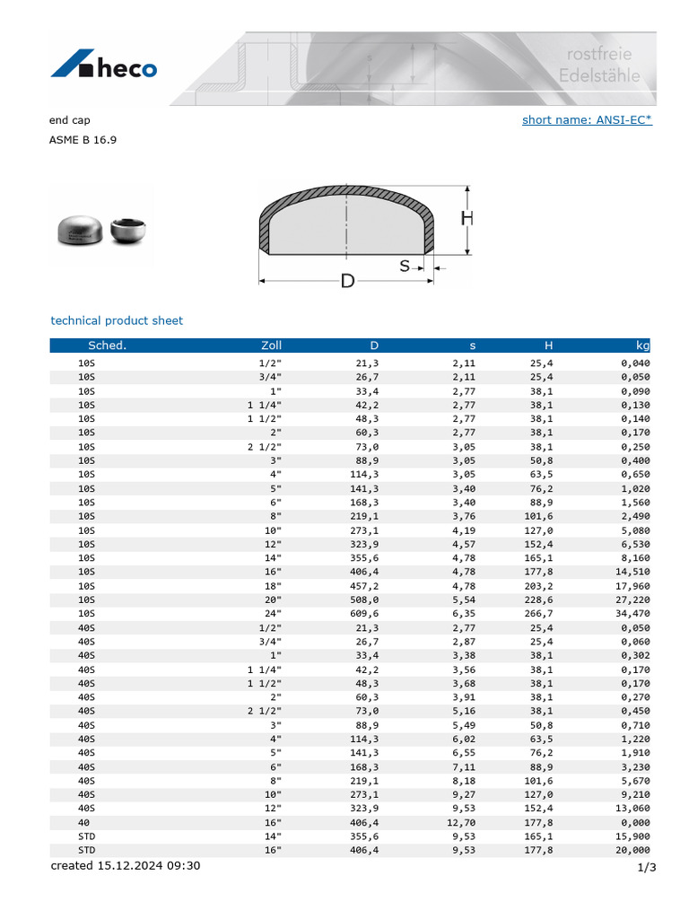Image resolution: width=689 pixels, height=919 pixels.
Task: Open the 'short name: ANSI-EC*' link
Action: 587,120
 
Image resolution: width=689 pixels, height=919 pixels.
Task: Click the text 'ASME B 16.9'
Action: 83,140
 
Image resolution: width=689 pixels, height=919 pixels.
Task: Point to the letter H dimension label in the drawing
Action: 467,219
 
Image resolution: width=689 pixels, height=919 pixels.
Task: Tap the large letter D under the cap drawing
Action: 347,282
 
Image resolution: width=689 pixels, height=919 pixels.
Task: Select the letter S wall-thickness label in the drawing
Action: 405,266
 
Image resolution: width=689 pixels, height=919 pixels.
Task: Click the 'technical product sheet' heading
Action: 117,320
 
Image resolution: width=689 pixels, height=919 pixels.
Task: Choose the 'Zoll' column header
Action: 270,346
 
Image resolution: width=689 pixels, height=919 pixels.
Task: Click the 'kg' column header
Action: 642,346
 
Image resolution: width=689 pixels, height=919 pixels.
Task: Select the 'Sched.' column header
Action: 107,346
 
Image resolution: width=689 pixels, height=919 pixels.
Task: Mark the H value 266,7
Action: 536,614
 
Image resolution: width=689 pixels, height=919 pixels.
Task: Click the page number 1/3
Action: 646,867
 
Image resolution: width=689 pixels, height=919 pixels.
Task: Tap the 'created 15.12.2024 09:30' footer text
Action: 126,866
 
